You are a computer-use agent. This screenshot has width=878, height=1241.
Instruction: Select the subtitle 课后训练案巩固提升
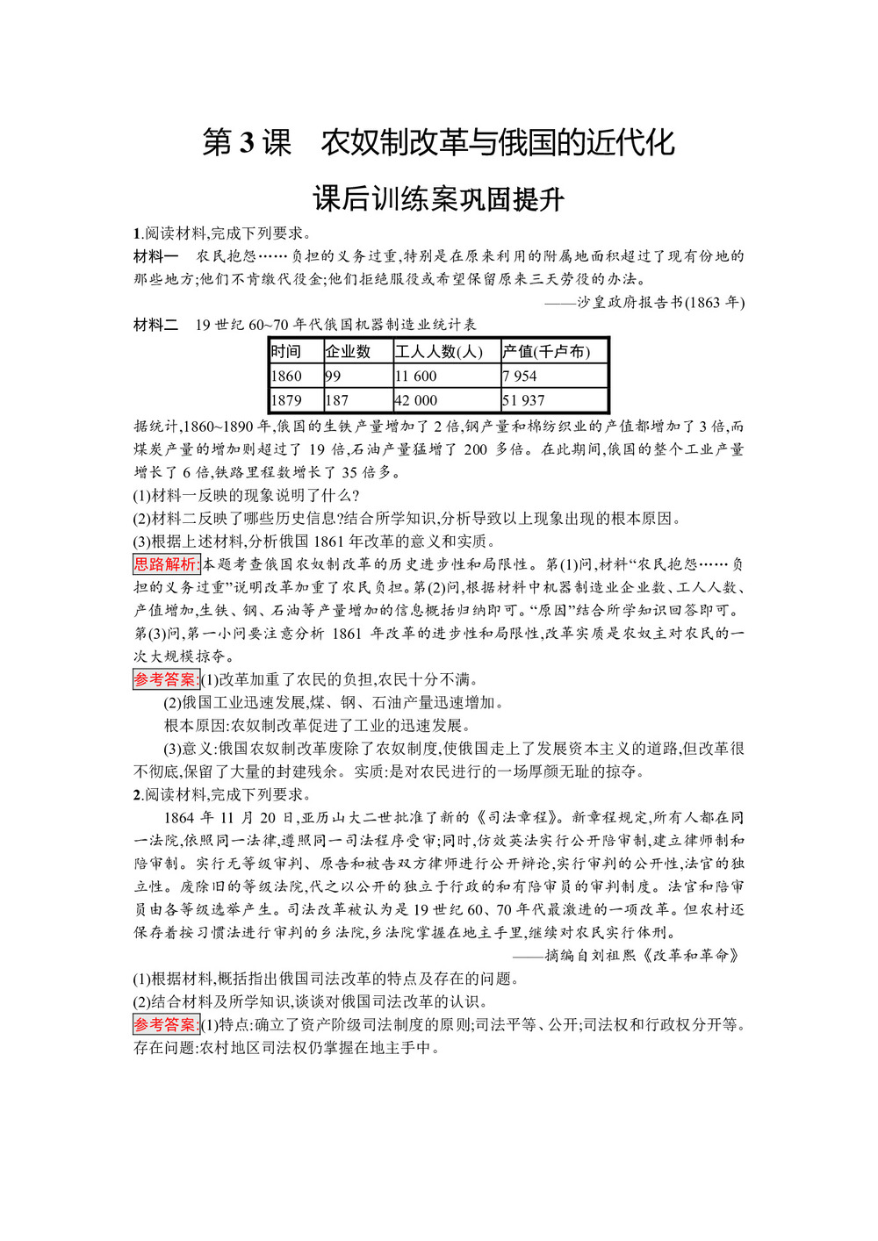click(x=438, y=199)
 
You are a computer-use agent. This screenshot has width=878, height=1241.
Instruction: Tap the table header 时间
click(x=286, y=352)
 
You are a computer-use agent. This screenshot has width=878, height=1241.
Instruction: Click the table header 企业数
click(x=348, y=352)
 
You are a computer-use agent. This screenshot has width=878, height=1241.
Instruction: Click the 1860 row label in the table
click(x=286, y=377)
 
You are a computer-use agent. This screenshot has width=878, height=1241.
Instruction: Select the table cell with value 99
click(x=334, y=377)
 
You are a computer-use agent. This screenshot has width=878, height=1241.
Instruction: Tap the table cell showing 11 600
click(x=416, y=377)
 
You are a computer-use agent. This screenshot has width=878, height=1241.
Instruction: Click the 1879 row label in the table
click(x=286, y=400)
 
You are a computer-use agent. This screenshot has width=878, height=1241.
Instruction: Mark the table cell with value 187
click(x=337, y=400)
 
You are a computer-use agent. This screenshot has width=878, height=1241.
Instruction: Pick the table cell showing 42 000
click(x=416, y=400)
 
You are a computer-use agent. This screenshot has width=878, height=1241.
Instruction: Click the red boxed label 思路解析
click(x=167, y=564)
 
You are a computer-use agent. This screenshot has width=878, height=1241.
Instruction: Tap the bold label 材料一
click(x=155, y=256)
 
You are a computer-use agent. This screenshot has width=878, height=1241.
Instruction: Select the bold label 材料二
click(x=155, y=325)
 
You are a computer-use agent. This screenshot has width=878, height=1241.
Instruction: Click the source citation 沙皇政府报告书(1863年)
click(x=660, y=303)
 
